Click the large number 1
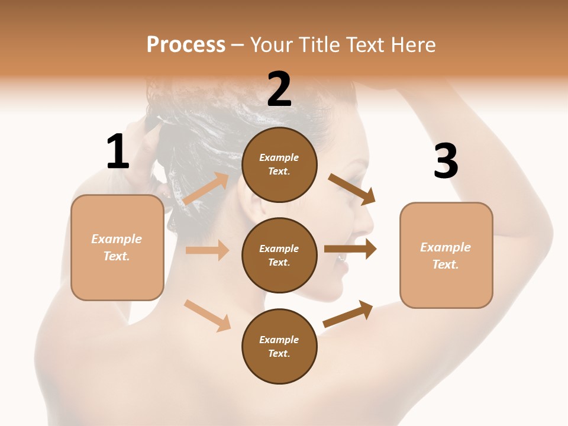coord(118,152)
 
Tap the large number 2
coord(279,89)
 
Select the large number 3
coord(446,162)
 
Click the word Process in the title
coord(186,44)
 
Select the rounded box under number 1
coord(117,247)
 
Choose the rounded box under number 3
coord(446,255)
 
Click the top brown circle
coord(279,164)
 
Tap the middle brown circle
coord(279,255)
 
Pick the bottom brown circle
coord(279,346)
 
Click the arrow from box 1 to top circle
coord(206,189)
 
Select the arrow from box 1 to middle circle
coord(207,250)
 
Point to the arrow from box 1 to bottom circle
coord(207,315)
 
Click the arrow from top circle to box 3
coord(352,189)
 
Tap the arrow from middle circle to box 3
coord(350,248)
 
